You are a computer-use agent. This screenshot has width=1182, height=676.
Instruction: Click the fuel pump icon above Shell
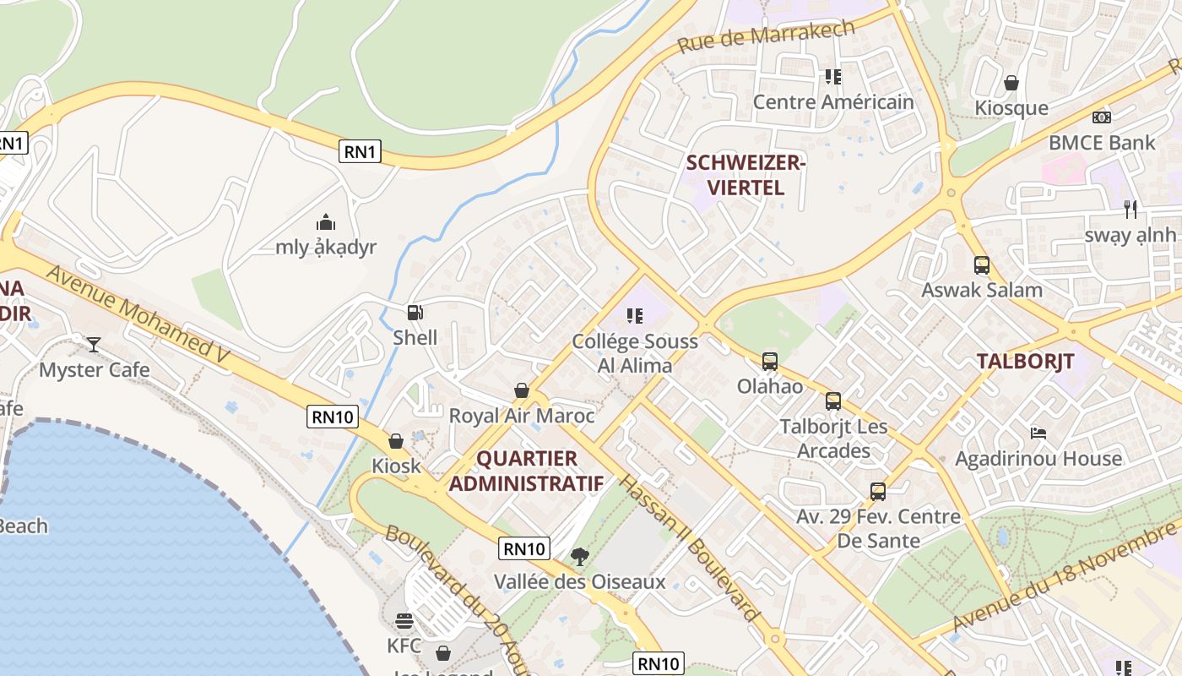(415, 313)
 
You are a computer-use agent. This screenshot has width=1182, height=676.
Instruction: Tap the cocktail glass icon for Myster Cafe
(94, 345)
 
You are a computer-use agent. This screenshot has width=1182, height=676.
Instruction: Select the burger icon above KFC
(404, 621)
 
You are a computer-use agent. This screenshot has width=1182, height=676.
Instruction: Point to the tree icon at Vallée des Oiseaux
(579, 556)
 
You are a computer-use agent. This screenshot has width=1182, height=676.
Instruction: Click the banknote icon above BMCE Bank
(1101, 117)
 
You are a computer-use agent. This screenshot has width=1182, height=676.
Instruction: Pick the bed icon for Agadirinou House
(1038, 433)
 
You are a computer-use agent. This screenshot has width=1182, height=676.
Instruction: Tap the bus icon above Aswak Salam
(981, 265)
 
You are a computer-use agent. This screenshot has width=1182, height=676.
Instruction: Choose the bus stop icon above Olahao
(769, 362)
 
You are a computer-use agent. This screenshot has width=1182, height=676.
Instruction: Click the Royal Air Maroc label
(521, 416)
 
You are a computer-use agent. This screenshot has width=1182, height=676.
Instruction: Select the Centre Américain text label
(832, 102)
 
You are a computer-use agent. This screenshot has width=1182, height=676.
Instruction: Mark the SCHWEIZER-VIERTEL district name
(746, 175)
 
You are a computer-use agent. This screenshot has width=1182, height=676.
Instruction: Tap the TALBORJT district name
(1025, 362)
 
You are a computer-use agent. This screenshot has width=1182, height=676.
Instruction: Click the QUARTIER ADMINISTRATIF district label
(526, 472)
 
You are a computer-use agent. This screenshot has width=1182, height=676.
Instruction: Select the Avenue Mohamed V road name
(138, 315)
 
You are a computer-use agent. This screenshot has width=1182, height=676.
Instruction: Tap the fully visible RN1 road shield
(361, 152)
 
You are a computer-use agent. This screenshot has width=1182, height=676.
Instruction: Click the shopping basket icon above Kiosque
(1011, 83)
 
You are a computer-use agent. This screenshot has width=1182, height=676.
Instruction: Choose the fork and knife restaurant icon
(1130, 210)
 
